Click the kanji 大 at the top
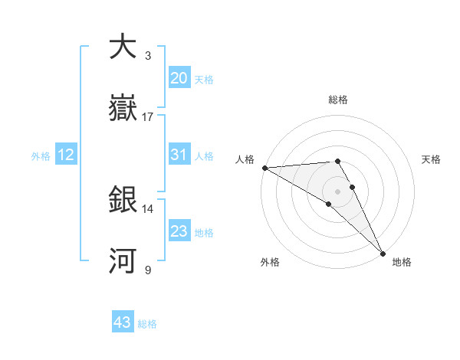[123, 47]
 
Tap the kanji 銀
[123, 200]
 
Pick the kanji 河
[123, 261]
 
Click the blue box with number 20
[179, 78]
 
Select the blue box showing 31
[179, 155]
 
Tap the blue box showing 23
[179, 231]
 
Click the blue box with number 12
[65, 155]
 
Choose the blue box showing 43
[123, 322]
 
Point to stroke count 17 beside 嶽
[148, 117]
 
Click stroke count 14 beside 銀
[148, 208]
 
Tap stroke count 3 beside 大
[148, 56]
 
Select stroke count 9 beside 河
[148, 270]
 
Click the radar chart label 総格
[337, 100]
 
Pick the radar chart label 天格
[431, 159]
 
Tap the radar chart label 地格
[402, 262]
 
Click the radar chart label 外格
[270, 262]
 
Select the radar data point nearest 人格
[264, 167]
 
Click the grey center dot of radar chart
[337, 191]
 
